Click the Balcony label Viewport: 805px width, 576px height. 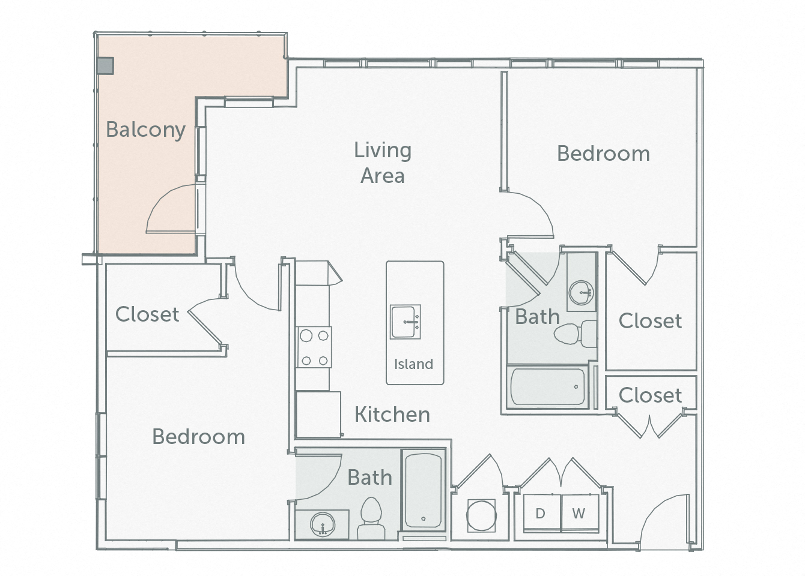coord(145,130)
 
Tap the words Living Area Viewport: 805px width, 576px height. coord(383,162)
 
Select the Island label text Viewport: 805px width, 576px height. coord(413,364)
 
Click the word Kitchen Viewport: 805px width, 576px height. coord(392,415)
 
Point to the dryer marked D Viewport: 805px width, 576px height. coord(540,513)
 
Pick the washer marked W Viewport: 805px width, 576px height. coord(579,513)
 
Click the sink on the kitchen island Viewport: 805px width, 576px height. coord(406,322)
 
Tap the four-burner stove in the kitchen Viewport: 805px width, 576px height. coord(314,347)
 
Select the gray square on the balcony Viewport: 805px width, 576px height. coord(106,65)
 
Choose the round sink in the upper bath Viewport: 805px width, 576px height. coord(580,293)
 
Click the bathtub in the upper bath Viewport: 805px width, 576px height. coord(546,387)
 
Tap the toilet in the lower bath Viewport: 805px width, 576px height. coord(370,517)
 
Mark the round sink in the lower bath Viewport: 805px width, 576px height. coord(322,526)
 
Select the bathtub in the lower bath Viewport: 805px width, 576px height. coord(424,490)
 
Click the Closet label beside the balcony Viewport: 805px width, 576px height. coord(147,314)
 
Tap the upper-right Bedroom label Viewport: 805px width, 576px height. coord(603,154)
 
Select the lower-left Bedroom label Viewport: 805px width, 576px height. coord(198,436)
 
